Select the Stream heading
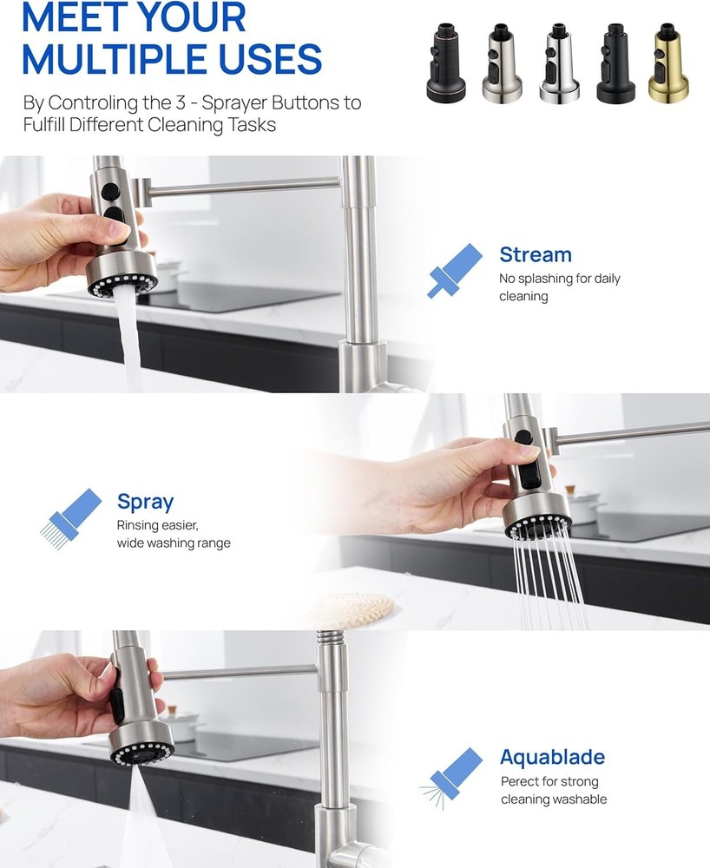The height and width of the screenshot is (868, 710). [535, 255]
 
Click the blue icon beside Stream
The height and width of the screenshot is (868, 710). [456, 270]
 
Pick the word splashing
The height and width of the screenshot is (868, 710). [550, 279]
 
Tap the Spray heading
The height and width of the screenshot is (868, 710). [145, 502]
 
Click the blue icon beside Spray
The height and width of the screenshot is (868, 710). [72, 516]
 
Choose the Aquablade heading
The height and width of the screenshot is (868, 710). [552, 757]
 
